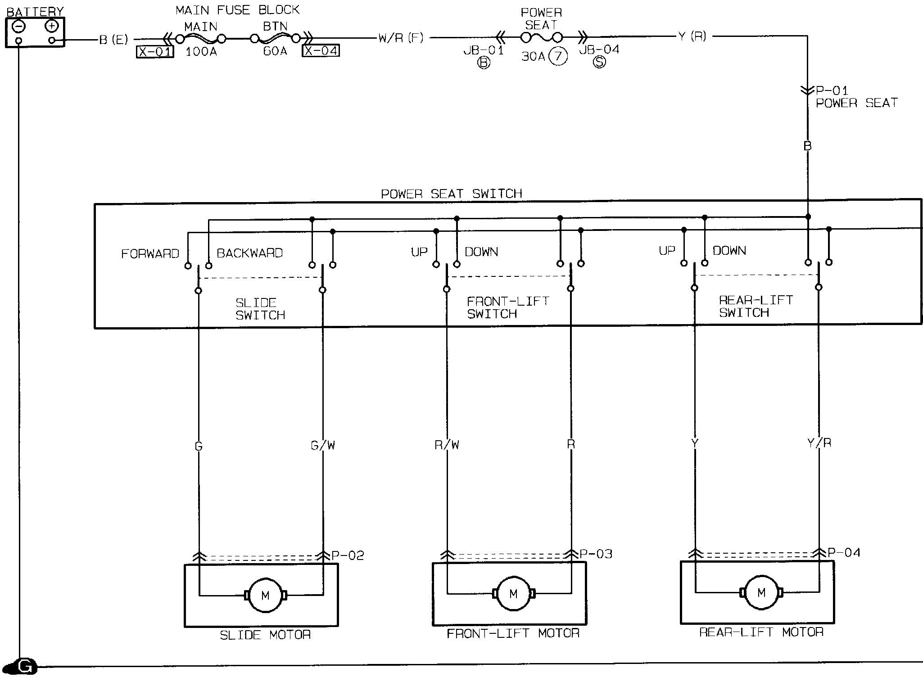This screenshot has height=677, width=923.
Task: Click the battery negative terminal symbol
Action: (18, 27)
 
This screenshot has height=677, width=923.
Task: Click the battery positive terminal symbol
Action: (52, 27)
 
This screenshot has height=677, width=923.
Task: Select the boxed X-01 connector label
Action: (155, 52)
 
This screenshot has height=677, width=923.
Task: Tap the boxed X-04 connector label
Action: (321, 50)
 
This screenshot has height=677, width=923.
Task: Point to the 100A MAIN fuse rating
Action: (201, 52)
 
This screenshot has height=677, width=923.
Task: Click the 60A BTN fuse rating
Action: (275, 51)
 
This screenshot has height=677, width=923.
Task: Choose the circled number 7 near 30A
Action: (558, 57)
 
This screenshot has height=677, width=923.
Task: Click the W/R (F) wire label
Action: (401, 38)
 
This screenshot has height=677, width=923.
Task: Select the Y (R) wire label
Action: (692, 36)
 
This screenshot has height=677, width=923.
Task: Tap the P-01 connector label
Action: (832, 91)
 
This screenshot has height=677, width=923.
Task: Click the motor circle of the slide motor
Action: (265, 595)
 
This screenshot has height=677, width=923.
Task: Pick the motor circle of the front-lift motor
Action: (513, 594)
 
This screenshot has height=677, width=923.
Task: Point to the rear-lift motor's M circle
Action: (761, 592)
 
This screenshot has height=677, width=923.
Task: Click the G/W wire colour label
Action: (323, 446)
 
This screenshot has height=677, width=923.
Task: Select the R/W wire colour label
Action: (447, 445)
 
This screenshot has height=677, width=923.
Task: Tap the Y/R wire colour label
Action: (819, 443)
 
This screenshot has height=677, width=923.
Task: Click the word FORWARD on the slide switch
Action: (150, 254)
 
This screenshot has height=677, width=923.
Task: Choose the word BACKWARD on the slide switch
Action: (250, 253)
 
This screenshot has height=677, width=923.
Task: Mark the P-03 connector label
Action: (596, 554)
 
